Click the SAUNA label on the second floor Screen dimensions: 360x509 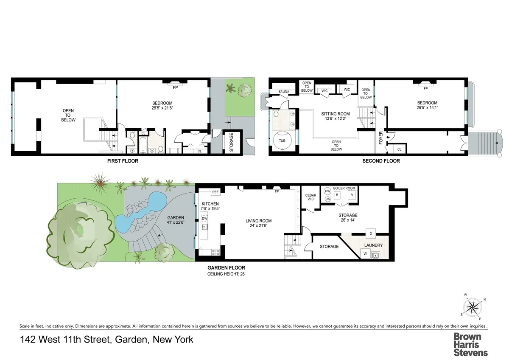click(x=284, y=91)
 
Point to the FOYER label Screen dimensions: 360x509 click(x=380, y=138)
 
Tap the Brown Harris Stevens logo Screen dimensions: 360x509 click(x=471, y=344)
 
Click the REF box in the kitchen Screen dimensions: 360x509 click(x=215, y=192)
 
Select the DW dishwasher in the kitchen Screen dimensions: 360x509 click(x=204, y=218)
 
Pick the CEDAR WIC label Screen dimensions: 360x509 click(x=311, y=197)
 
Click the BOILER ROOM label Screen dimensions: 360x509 click(x=345, y=188)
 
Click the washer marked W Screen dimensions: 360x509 click(x=364, y=254)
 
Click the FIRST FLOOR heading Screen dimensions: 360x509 click(x=123, y=161)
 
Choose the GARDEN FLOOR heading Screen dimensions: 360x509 click(x=226, y=268)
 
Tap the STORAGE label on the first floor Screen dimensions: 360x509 click(x=232, y=143)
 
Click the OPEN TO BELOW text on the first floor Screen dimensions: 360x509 click(x=68, y=115)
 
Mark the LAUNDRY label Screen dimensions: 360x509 click(x=374, y=245)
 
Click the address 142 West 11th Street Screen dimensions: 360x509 click(x=106, y=340)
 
